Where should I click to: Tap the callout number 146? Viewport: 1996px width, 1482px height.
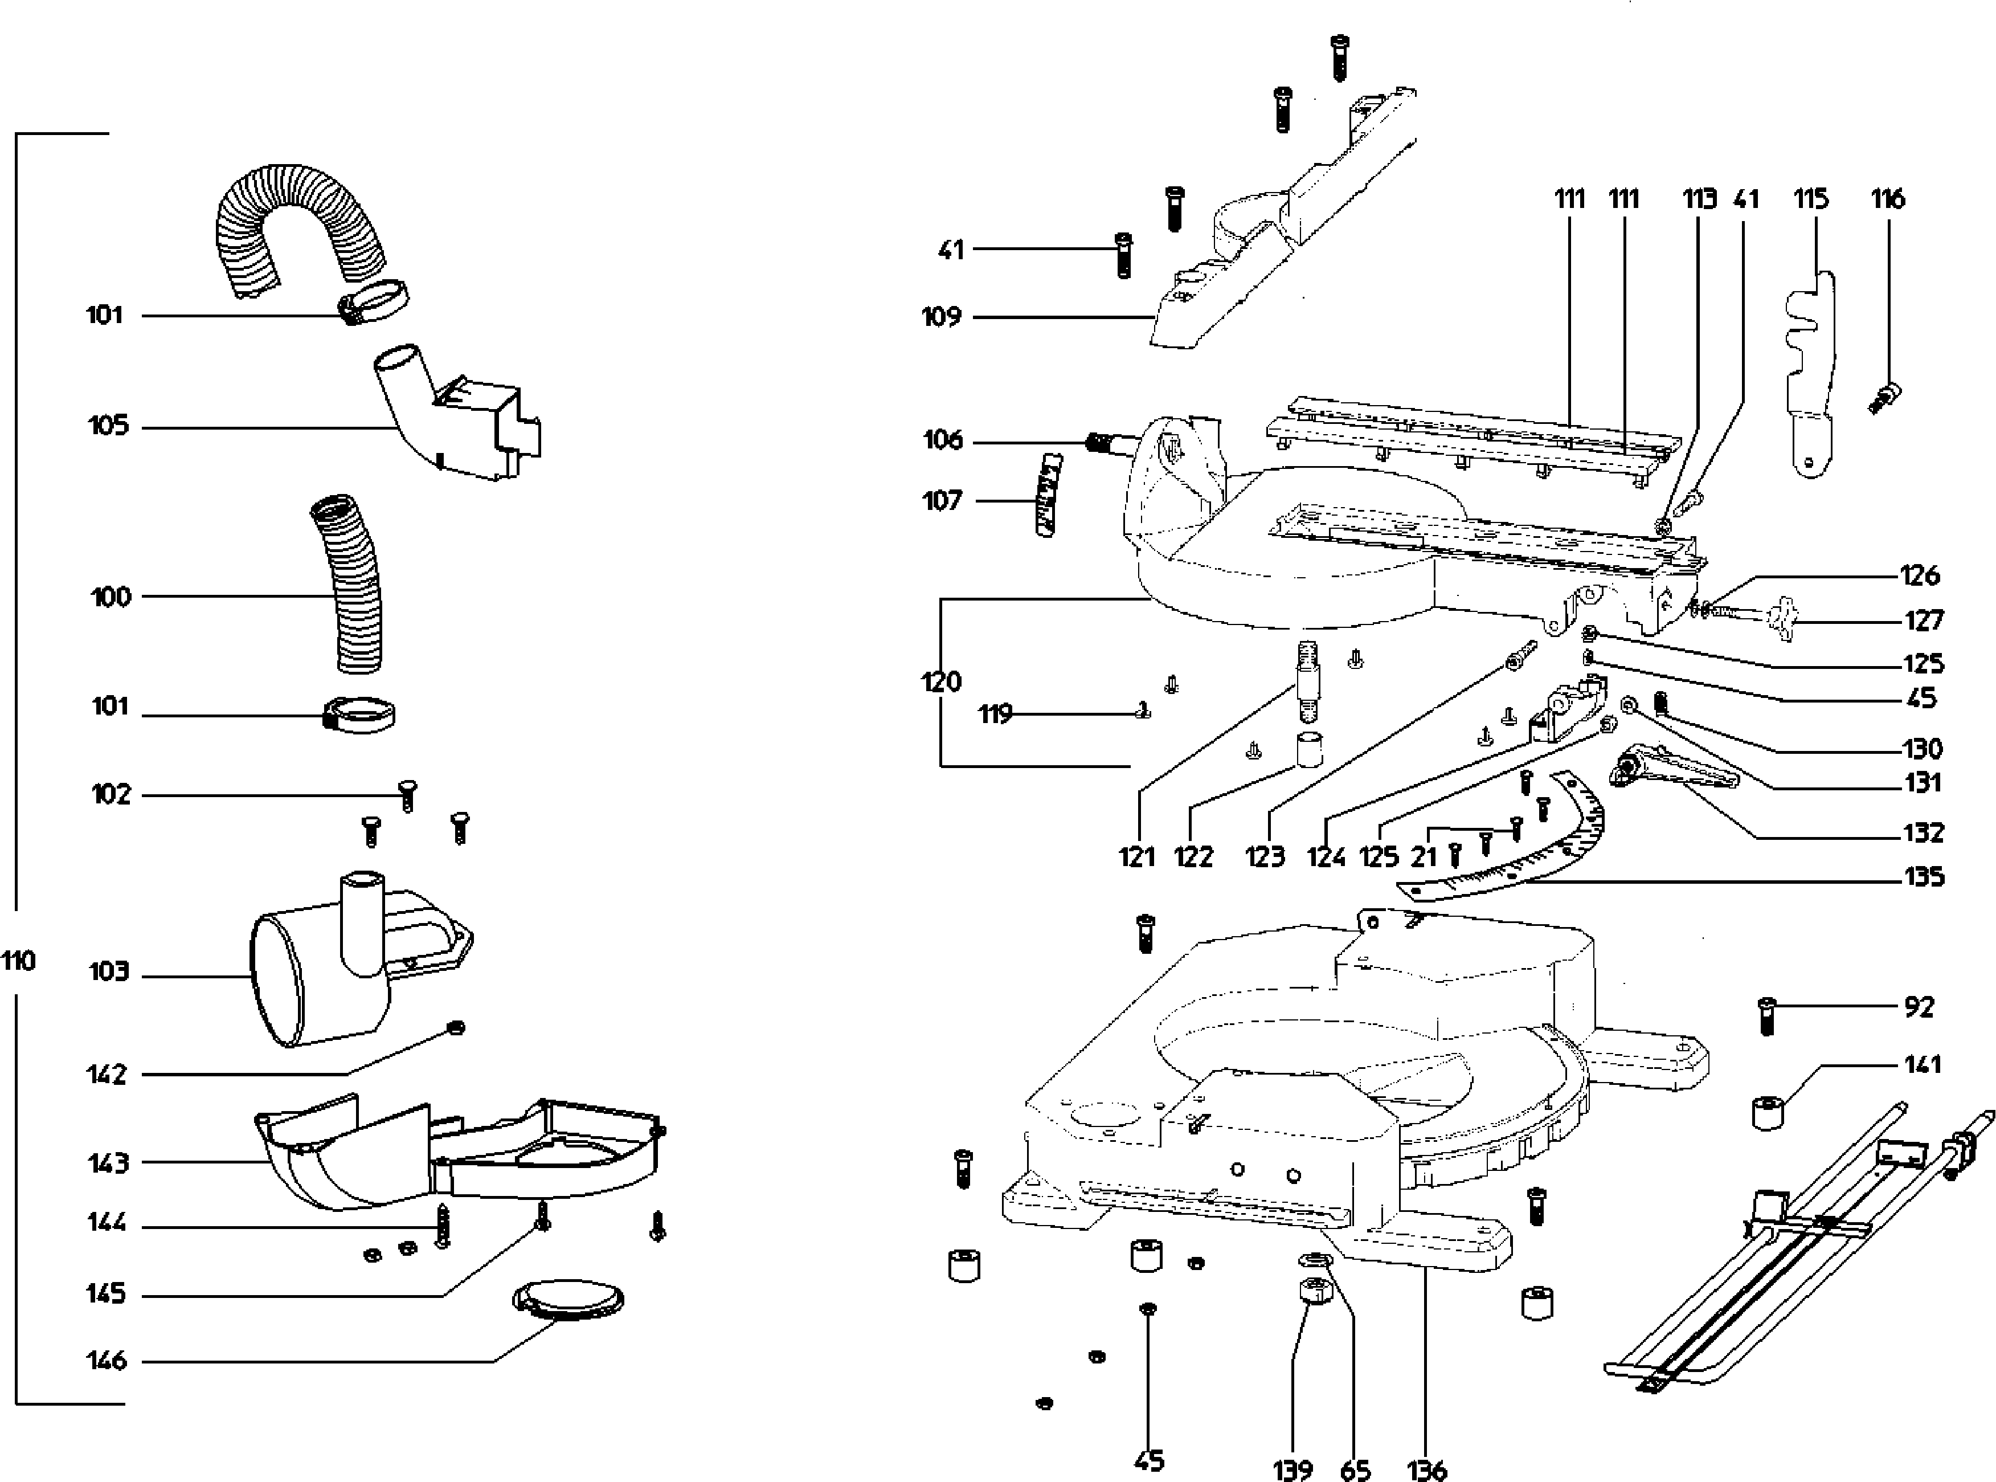pos(107,1361)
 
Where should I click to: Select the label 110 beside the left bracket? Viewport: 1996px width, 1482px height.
pos(18,962)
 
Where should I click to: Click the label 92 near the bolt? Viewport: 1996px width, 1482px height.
pos(1919,1007)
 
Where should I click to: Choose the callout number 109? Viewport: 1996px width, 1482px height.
pos(942,317)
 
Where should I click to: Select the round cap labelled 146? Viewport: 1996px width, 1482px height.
pos(568,1300)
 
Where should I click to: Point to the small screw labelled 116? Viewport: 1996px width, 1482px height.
pos(1885,397)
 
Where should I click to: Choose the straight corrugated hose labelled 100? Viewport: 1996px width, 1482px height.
pos(348,583)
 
